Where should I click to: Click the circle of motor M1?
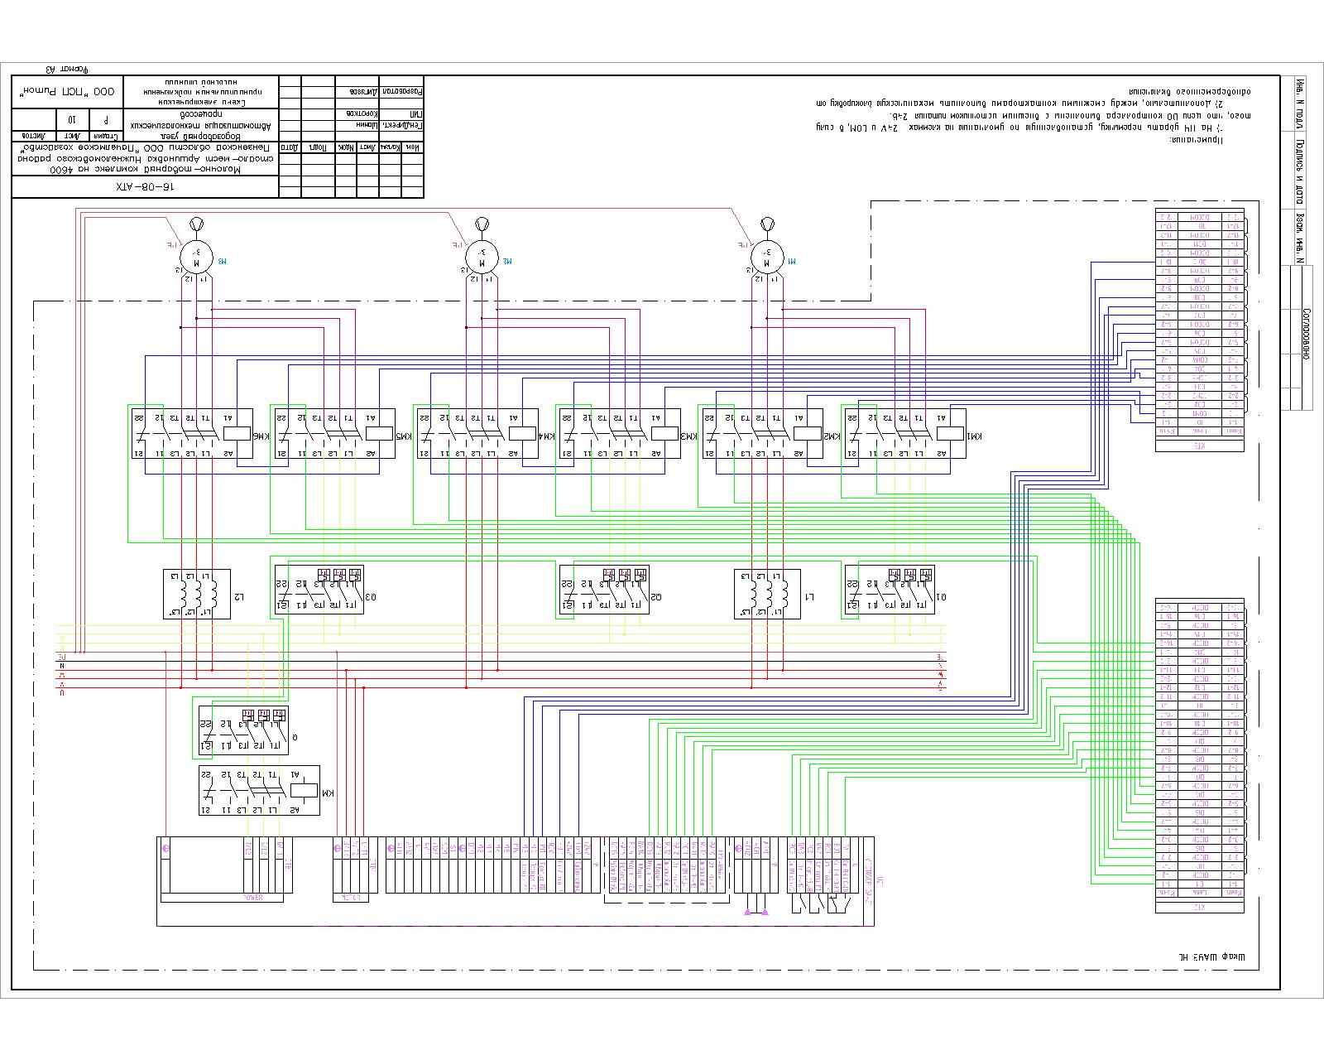pos(766,257)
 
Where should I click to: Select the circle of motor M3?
pos(196,257)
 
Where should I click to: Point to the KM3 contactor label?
pos(685,436)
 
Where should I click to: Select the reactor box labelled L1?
pos(767,594)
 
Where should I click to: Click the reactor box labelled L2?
pos(197,594)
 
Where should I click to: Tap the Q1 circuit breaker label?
pos(941,597)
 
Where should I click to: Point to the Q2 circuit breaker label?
pos(656,597)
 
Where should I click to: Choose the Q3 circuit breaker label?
pos(371,597)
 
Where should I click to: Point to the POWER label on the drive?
pos(252,897)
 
